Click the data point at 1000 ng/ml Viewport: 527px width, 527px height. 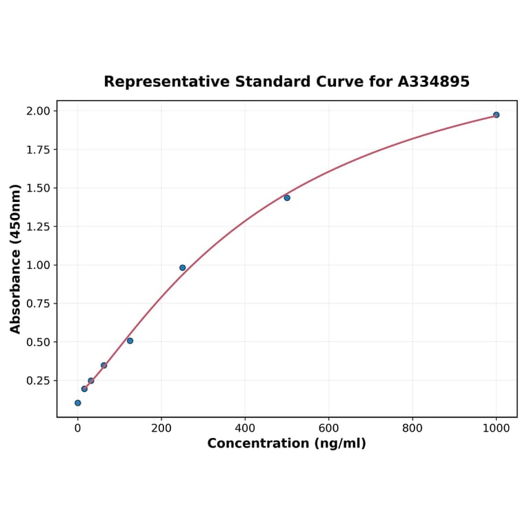coord(496,115)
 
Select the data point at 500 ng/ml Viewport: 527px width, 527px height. coord(287,198)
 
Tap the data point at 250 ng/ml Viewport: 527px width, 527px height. coord(183,268)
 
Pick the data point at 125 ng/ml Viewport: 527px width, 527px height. coord(130,341)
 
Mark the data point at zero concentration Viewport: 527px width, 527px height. coord(78,403)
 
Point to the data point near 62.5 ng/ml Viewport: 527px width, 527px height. coord(104,366)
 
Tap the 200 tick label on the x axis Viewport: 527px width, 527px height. coord(161,428)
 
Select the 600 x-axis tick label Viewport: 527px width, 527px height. coord(329,428)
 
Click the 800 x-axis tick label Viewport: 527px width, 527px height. coord(412,428)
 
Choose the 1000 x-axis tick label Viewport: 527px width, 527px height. coord(496,428)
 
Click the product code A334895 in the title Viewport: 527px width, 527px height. coord(433,82)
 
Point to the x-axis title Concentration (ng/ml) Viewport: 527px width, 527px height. coord(286,444)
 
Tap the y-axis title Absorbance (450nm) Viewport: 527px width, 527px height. coord(16,259)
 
